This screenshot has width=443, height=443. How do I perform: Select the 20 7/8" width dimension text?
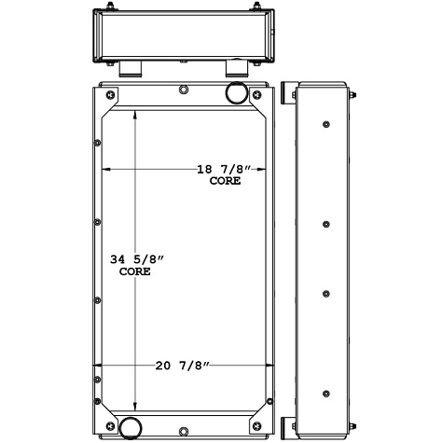(x=182, y=365)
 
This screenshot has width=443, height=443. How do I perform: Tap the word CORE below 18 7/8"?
(x=225, y=181)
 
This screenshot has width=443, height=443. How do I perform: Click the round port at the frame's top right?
(x=235, y=94)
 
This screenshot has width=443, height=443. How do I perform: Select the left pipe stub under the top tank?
(x=130, y=68)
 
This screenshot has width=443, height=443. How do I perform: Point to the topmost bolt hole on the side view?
(x=325, y=125)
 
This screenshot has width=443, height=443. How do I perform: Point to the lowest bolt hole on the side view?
(x=325, y=393)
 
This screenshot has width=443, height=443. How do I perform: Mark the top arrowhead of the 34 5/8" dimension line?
(x=137, y=111)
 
